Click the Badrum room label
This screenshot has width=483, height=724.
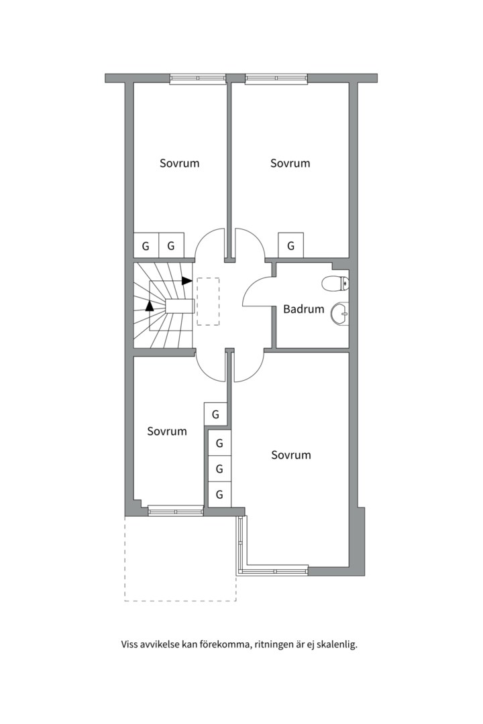(x=303, y=309)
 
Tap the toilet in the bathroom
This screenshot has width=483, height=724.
(x=335, y=284)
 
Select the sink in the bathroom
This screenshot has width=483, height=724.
(x=340, y=312)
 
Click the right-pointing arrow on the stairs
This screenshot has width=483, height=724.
(x=187, y=280)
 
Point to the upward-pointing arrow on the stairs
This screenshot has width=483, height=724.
(x=150, y=306)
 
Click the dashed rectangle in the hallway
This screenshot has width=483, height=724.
(x=208, y=302)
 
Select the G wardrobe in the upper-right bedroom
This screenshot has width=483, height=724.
(x=290, y=245)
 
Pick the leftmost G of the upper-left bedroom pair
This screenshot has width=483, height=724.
(x=146, y=245)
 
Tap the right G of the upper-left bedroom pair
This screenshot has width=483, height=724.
(x=171, y=245)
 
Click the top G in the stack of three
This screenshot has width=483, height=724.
(x=219, y=442)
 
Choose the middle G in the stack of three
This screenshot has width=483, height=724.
(x=219, y=469)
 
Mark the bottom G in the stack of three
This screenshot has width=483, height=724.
(x=219, y=495)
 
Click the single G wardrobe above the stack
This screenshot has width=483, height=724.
(x=215, y=414)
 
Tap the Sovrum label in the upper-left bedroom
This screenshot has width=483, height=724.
(x=179, y=163)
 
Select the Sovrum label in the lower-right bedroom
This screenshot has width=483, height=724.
(x=291, y=455)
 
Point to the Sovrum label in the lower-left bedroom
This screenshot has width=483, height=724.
(x=167, y=431)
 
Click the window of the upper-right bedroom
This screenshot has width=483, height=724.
(x=276, y=78)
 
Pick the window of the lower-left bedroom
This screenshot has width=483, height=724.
(x=175, y=511)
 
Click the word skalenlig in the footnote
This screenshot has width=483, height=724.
(x=337, y=645)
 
